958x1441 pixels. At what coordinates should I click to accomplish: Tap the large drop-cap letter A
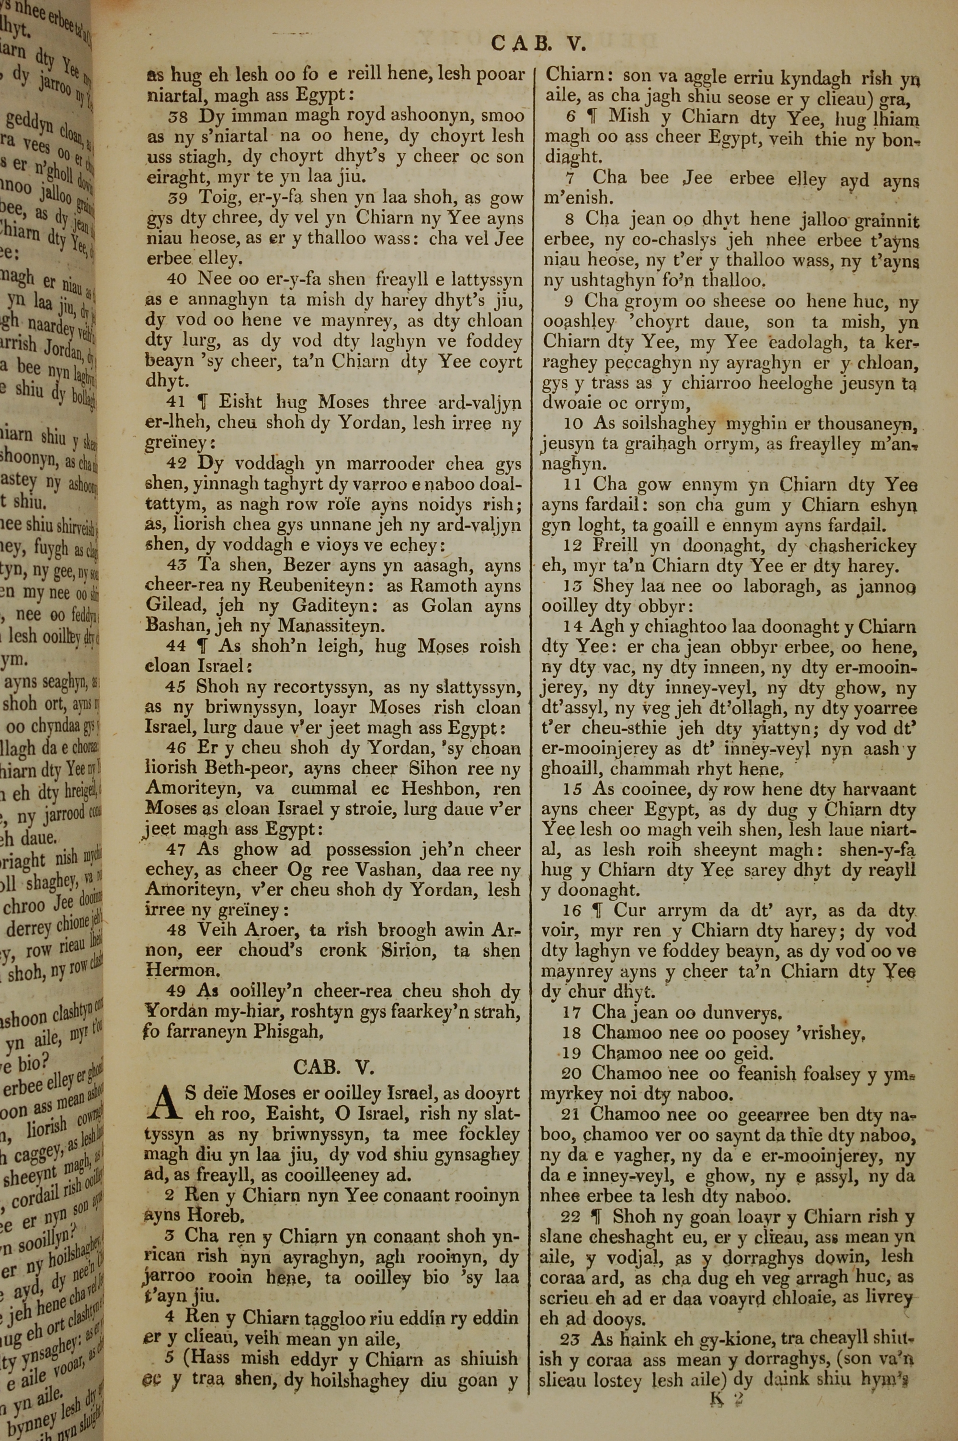[160, 1103]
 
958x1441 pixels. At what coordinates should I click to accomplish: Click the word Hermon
[175, 971]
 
